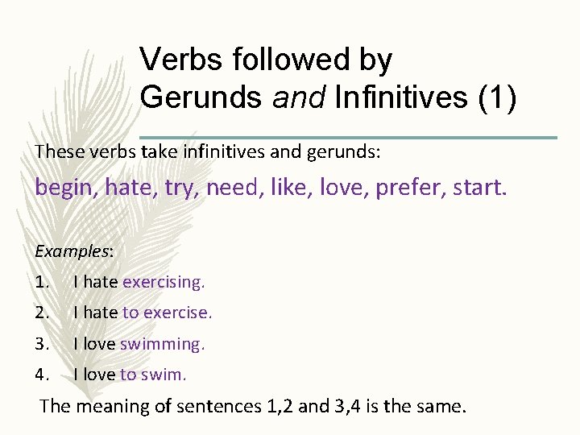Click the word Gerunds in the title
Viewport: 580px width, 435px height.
pyautogui.click(x=201, y=97)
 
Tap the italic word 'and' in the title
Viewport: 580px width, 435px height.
pyautogui.click(x=298, y=97)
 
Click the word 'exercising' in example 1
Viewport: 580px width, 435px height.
pyautogui.click(x=164, y=282)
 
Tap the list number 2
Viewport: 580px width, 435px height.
pyautogui.click(x=43, y=313)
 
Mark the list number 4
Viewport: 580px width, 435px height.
pyautogui.click(x=43, y=375)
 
